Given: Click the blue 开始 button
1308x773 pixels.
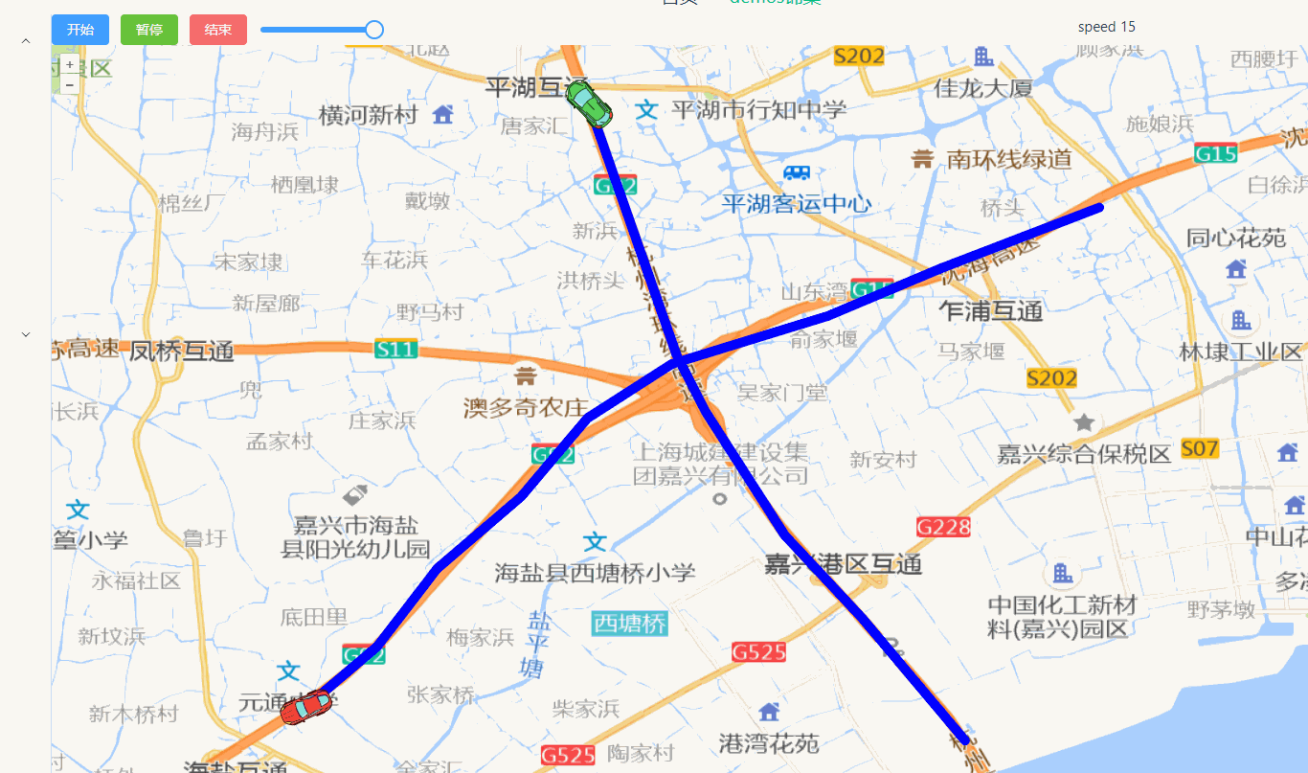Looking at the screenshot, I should pyautogui.click(x=80, y=30).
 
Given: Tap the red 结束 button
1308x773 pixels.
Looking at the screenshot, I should pyautogui.click(x=218, y=30).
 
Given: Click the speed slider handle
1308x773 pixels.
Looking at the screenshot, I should pyautogui.click(x=374, y=30).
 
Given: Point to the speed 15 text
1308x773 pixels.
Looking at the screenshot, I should pyautogui.click(x=1106, y=27).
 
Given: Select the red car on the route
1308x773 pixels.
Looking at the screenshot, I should pyautogui.click(x=305, y=708).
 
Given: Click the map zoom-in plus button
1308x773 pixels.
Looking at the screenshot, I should pyautogui.click(x=70, y=64).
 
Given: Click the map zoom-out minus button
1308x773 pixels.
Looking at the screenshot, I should pyautogui.click(x=70, y=84).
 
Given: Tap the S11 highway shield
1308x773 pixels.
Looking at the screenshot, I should pyautogui.click(x=395, y=350).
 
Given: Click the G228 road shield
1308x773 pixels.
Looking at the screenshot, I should pyautogui.click(x=943, y=527).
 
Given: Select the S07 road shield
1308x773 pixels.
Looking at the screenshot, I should pyautogui.click(x=1200, y=448).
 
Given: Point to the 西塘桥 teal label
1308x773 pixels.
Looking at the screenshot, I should pyautogui.click(x=629, y=624).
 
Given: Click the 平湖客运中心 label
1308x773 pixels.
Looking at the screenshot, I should pyautogui.click(x=796, y=203).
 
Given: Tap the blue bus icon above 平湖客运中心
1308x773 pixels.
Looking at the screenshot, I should pyautogui.click(x=797, y=173).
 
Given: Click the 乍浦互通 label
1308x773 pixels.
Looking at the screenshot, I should pyautogui.click(x=990, y=310).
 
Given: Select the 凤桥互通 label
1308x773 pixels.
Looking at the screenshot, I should pyautogui.click(x=182, y=351).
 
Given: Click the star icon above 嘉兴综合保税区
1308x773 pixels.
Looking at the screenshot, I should pyautogui.click(x=1084, y=422).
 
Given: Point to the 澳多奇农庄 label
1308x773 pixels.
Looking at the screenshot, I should pyautogui.click(x=525, y=408).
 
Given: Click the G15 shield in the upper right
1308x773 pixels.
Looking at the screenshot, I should pyautogui.click(x=1216, y=152).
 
